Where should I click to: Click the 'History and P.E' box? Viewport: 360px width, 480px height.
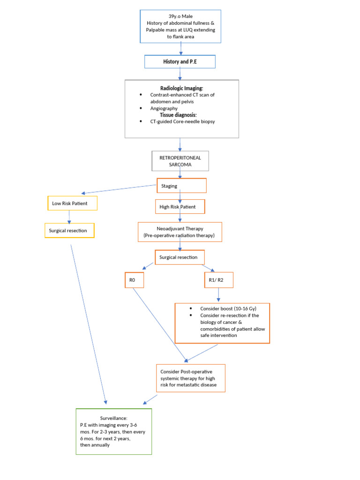tap(180, 62)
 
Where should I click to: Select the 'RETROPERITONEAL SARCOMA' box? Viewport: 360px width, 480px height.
tap(180, 161)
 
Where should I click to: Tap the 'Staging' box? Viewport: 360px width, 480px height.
tap(181, 186)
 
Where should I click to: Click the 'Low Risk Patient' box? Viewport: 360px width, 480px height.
tap(72, 203)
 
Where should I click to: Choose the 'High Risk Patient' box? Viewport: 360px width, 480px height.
tap(180, 206)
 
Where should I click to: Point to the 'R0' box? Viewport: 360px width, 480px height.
tap(134, 280)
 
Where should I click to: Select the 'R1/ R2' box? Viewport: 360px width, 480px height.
tap(218, 280)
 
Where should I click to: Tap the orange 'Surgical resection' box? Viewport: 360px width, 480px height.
tap(180, 257)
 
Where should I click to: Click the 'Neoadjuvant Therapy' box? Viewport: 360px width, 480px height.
tap(180, 232)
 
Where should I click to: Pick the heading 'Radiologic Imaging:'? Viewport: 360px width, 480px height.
tap(181, 88)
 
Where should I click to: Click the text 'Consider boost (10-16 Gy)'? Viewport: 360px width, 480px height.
tap(228, 308)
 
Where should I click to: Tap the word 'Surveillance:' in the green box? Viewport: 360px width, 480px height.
tap(113, 418)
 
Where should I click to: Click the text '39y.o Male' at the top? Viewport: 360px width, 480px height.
tap(180, 16)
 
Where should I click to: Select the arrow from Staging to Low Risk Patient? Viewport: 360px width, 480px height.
tap(120, 189)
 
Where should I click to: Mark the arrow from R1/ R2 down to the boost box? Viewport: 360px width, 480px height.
tap(218, 295)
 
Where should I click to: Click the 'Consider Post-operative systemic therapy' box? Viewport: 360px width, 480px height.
tap(190, 378)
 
